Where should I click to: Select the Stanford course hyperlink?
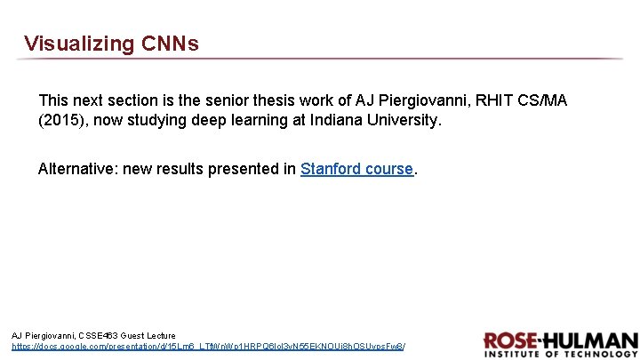356,168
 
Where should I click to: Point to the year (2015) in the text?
60,120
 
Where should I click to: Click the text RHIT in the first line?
497,100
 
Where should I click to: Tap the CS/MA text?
544,100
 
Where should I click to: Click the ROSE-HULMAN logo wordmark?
560,340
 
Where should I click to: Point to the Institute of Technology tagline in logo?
560,354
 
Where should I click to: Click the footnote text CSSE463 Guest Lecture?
132,335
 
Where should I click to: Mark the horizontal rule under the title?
320,59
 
